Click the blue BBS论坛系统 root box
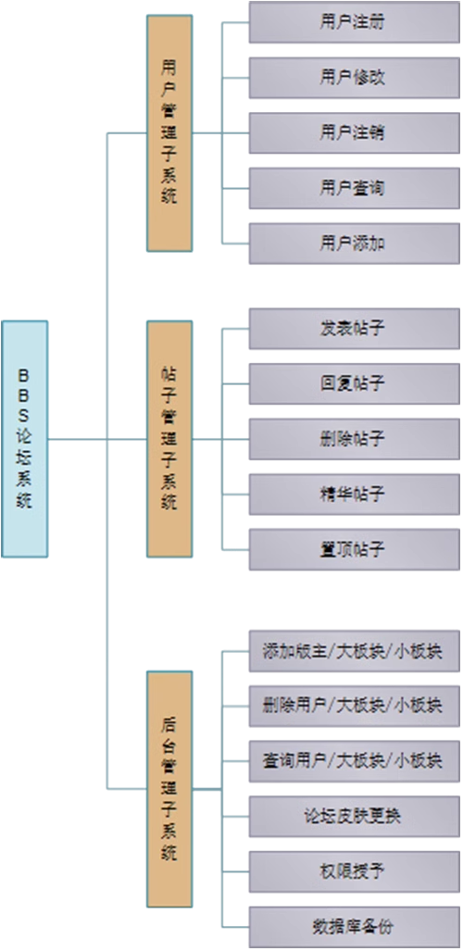24,439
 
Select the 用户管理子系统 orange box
169,132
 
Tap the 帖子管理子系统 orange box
169,439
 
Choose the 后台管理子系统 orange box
169,789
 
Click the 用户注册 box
355,22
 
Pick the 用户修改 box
355,78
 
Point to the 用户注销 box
355,132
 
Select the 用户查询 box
355,188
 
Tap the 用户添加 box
355,244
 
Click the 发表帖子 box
355,329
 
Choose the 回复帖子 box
355,384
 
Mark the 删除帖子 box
355,439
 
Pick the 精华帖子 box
355,494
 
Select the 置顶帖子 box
355,549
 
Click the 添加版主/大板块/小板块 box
355,651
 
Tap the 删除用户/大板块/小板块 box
355,706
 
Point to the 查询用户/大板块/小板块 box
355,761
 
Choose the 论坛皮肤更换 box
355,817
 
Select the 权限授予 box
355,871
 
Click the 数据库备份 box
355,927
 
